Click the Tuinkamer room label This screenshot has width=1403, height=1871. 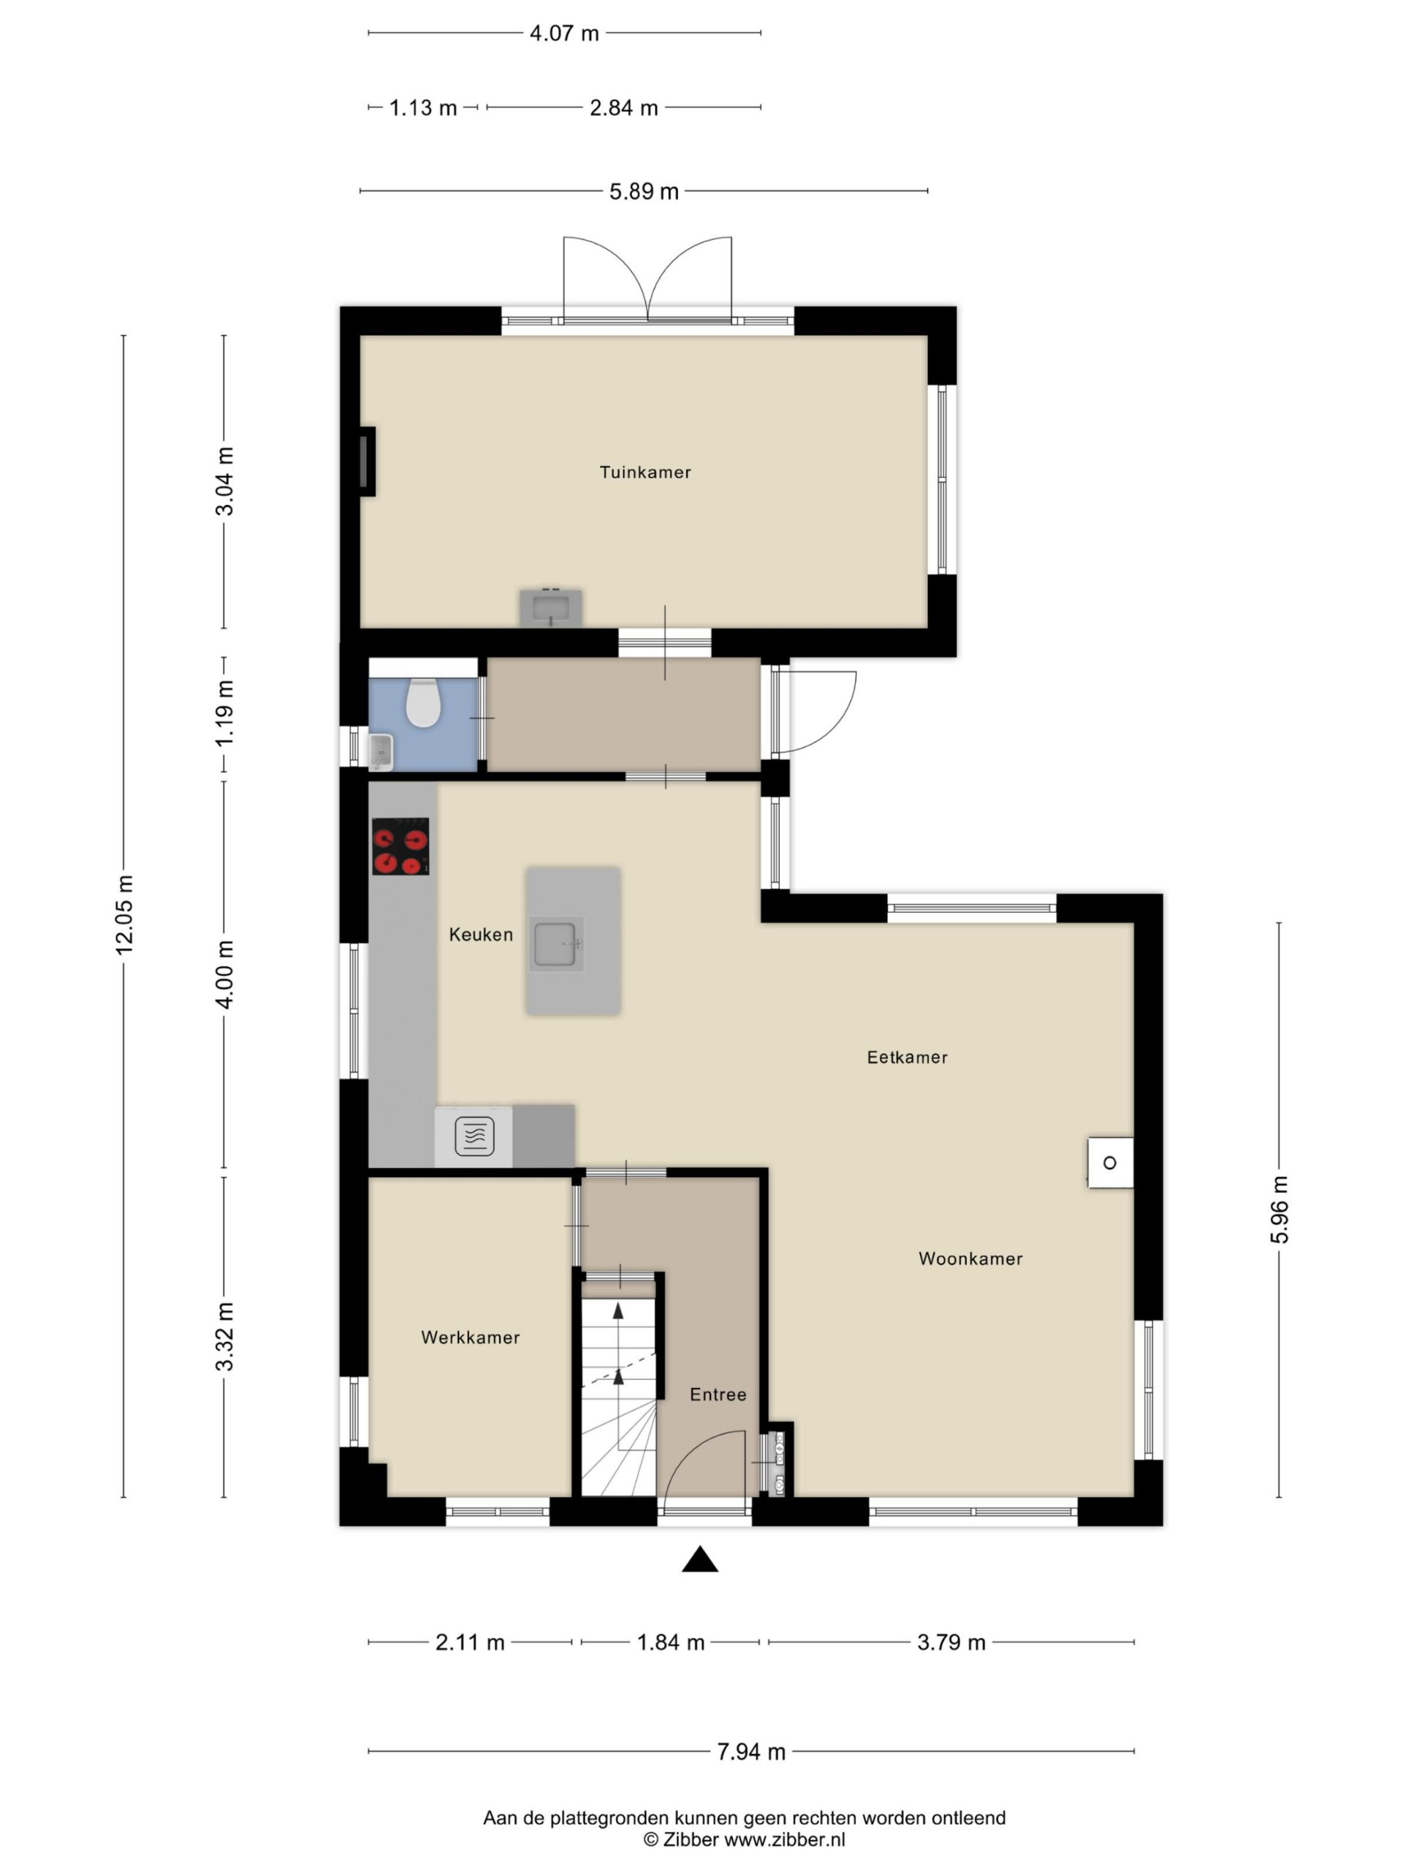(x=645, y=472)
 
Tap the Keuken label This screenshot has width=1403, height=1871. (x=480, y=935)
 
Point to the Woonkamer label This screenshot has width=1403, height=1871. (x=970, y=1259)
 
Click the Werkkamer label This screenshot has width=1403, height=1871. (x=470, y=1337)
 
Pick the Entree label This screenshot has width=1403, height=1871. (x=718, y=1394)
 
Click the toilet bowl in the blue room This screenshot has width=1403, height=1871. (x=423, y=702)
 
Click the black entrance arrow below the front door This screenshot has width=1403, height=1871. (x=700, y=1559)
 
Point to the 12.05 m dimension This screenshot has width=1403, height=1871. (x=124, y=915)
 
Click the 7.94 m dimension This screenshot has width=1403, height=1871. (x=751, y=1752)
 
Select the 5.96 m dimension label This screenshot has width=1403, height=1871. (x=1280, y=1210)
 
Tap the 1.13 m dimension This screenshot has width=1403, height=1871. (x=423, y=108)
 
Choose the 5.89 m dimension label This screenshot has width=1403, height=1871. (x=644, y=192)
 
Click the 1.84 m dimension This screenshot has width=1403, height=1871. (x=671, y=1643)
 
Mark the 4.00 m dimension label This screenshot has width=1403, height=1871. (x=225, y=974)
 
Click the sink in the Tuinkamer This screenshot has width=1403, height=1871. (x=550, y=607)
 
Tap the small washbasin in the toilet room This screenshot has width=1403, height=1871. (x=381, y=751)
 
